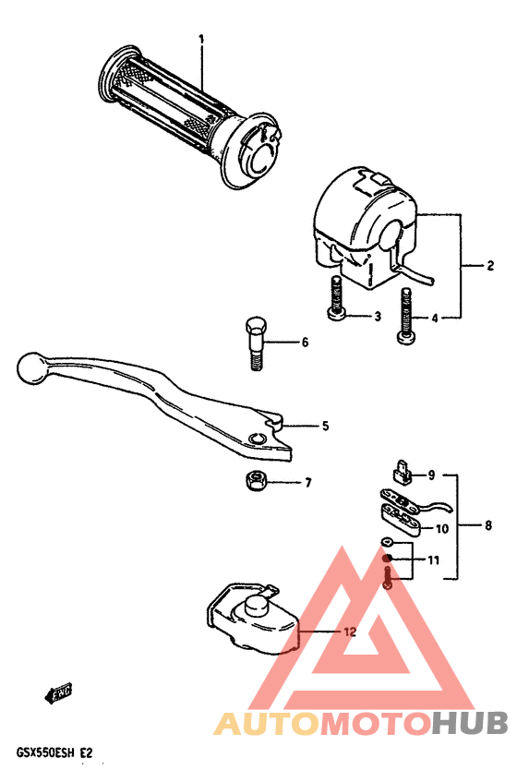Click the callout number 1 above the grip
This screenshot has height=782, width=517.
200,39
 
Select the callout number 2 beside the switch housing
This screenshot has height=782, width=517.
490,266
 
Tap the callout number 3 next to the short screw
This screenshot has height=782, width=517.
377,318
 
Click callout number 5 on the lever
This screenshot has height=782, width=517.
324,426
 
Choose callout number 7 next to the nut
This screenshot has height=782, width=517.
307,483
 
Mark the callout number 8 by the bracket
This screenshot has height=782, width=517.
487,526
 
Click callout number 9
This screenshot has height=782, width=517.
429,475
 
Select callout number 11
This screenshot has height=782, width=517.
433,560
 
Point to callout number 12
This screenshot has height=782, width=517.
348,632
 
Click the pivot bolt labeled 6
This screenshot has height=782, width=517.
256,343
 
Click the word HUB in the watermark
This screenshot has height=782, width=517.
467,724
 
